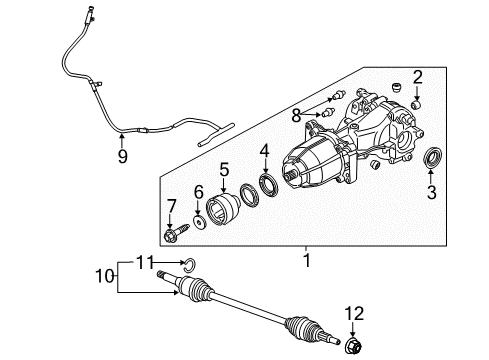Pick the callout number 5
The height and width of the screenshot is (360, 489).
click(225, 169)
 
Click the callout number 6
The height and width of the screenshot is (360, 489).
click(198, 191)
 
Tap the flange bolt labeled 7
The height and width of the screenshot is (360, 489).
click(172, 236)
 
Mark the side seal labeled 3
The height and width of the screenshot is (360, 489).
click(434, 159)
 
